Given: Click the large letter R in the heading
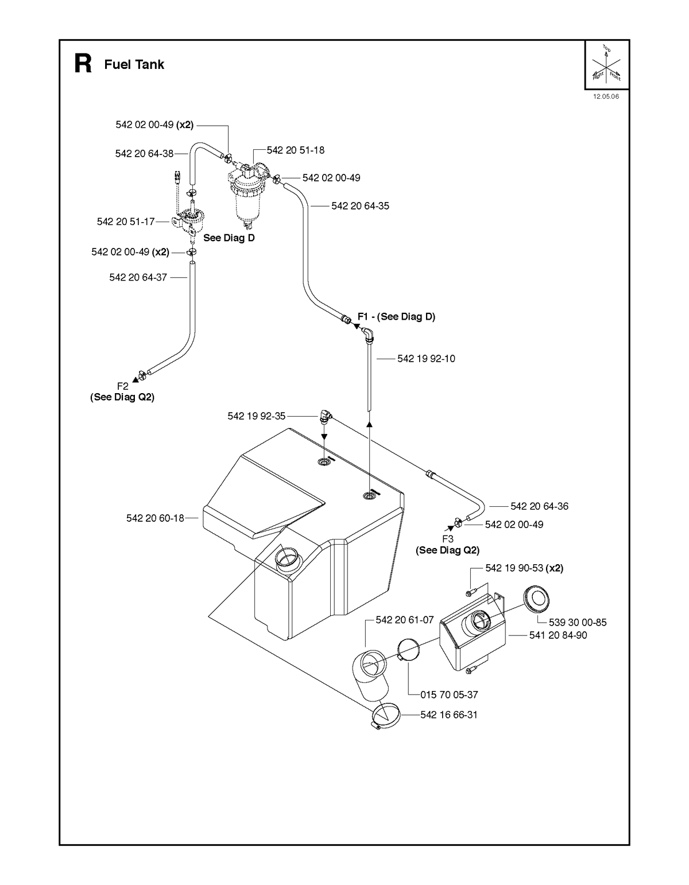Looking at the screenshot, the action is [83, 64].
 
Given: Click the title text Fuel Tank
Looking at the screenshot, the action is [134, 64].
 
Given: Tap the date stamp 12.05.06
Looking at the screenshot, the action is [606, 96].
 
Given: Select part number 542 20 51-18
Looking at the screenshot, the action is [295, 150].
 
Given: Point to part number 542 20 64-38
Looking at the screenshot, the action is [144, 154].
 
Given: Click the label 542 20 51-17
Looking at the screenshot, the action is [126, 222].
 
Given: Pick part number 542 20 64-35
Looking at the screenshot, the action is [360, 205].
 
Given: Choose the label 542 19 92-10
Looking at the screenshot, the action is [426, 358].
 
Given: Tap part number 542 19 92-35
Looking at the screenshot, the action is [256, 416].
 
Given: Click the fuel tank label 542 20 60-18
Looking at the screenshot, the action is [155, 518].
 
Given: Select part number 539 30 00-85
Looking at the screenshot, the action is [578, 622].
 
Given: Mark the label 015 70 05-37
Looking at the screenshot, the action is [449, 694].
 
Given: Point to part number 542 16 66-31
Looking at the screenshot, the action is [449, 715].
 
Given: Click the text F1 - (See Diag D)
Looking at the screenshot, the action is [396, 316].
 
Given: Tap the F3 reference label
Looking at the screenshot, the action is [448, 539].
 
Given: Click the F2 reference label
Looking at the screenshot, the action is [123, 386].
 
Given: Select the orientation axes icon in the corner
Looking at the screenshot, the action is [606, 64].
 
